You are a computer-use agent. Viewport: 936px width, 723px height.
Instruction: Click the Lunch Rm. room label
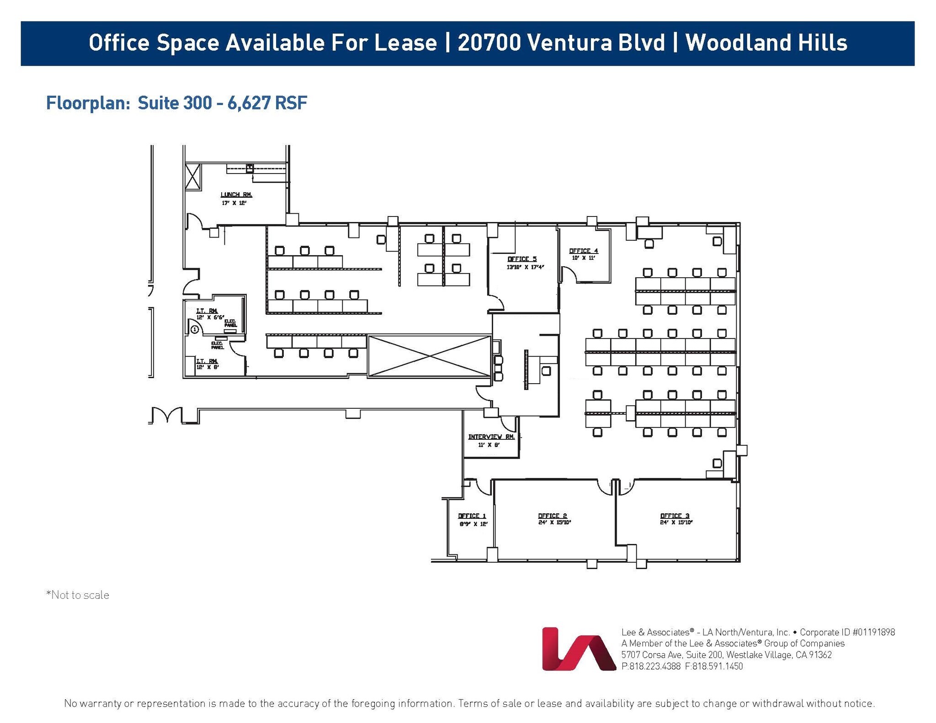tap(236, 195)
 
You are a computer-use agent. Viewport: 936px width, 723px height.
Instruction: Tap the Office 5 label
tap(521, 259)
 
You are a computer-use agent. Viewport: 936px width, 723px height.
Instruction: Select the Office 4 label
tap(583, 251)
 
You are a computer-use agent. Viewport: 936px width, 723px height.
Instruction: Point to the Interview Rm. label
tap(491, 437)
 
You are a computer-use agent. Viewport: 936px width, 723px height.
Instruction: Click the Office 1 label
tap(472, 516)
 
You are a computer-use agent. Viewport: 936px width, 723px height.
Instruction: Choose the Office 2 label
tap(553, 516)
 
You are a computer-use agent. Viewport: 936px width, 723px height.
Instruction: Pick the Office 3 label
tap(675, 516)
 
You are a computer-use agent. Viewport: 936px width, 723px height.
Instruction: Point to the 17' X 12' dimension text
tap(234, 203)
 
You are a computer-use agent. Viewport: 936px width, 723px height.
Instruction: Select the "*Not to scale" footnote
tap(78, 595)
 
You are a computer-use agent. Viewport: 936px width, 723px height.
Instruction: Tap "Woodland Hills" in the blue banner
tap(766, 43)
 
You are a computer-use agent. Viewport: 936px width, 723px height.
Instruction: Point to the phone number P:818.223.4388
tap(651, 666)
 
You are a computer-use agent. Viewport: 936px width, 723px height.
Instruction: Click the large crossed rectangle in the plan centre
tap(429, 356)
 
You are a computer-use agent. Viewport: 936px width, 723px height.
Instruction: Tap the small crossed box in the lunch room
tap(193, 176)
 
